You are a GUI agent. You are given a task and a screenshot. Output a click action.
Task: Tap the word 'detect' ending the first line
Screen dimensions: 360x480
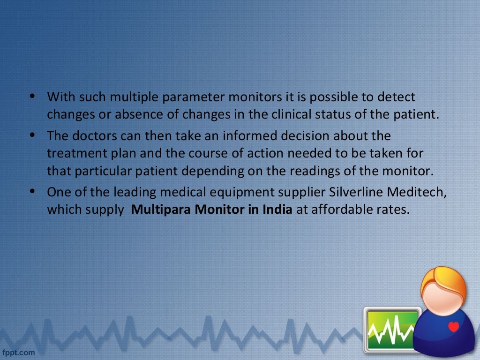click(397, 97)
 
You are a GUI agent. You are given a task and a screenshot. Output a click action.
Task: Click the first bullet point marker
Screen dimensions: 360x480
click(32, 97)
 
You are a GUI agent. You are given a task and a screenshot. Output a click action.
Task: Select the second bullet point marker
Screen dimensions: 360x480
click(32, 135)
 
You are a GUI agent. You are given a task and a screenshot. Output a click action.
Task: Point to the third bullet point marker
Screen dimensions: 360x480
click(32, 191)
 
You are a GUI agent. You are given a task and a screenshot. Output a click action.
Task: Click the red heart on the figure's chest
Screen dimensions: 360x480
click(453, 327)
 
